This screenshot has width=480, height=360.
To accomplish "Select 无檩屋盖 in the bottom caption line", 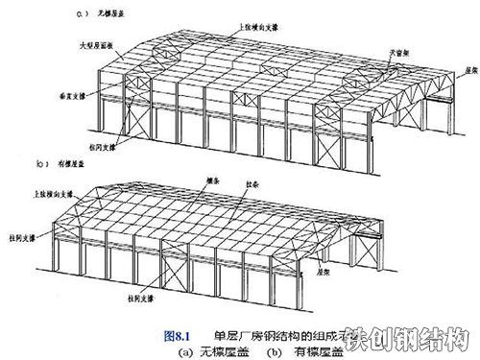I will [x=222, y=351].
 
